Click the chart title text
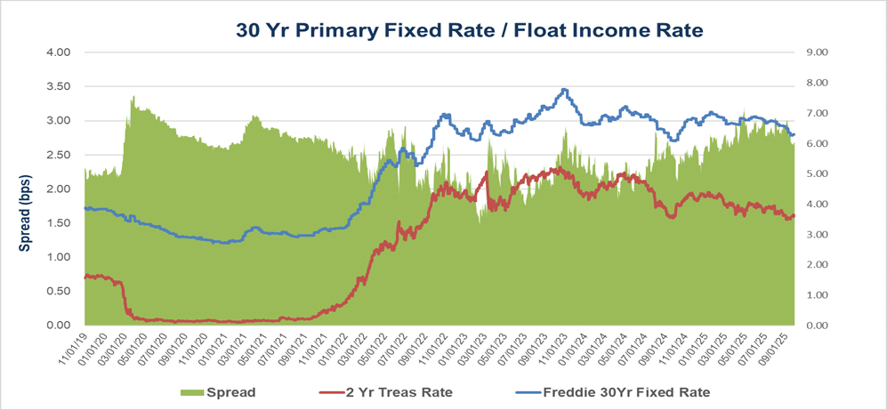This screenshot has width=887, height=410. click(469, 29)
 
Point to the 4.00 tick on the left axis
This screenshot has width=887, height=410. click(58, 52)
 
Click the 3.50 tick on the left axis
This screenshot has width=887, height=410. click(58, 86)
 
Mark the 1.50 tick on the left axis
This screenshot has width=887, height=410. click(58, 223)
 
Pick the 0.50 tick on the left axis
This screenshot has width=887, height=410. click(58, 292)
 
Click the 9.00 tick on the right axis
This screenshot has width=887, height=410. click(817, 52)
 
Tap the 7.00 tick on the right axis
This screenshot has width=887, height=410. click(817, 113)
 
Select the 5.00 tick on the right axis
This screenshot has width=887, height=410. click(817, 173)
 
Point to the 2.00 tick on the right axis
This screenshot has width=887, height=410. click(817, 265)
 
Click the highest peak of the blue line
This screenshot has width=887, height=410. click(563, 89)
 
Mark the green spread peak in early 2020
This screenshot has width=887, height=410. click(133, 96)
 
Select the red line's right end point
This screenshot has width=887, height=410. click(794, 215)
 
